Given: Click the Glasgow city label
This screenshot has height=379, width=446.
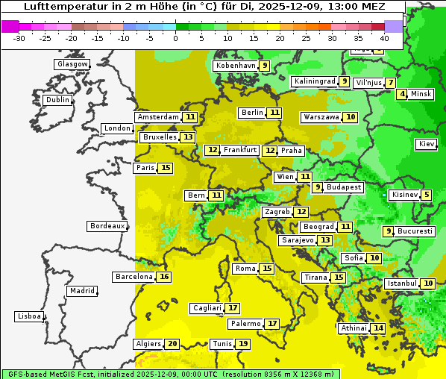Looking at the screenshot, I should pyautogui.click(x=72, y=64).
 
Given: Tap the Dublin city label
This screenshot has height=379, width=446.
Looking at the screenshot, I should pyautogui.click(x=57, y=100).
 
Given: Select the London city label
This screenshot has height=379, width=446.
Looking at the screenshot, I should pyautogui.click(x=117, y=128).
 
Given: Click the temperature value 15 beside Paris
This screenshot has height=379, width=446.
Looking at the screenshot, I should pyautogui.click(x=165, y=168).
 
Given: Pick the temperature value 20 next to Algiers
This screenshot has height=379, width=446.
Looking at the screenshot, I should pyautogui.click(x=172, y=344).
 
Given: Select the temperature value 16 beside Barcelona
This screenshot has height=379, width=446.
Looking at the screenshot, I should pyautogui.click(x=164, y=277).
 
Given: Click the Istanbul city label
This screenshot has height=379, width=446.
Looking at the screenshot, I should pyautogui.click(x=401, y=284).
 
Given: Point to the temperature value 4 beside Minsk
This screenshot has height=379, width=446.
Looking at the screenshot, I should pyautogui.click(x=402, y=94).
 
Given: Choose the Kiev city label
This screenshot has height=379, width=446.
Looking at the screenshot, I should pyautogui.click(x=427, y=144).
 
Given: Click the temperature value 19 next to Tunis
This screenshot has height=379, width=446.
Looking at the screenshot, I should pyautogui.click(x=243, y=344).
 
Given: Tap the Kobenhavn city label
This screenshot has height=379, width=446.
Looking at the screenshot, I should pyautogui.click(x=235, y=66).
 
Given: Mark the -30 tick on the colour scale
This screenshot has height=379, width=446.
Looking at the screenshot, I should pyautogui.click(x=19, y=37).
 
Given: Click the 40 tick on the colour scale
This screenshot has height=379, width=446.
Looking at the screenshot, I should pyautogui.click(x=384, y=37).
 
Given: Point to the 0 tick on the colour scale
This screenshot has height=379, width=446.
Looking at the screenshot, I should pyautogui.click(x=176, y=37).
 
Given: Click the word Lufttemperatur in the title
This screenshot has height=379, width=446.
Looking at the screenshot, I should pyautogui.click(x=60, y=7).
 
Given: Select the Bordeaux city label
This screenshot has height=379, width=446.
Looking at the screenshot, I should pyautogui.click(x=107, y=226).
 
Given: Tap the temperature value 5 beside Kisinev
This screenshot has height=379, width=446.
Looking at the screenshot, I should pyautogui.click(x=426, y=195).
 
